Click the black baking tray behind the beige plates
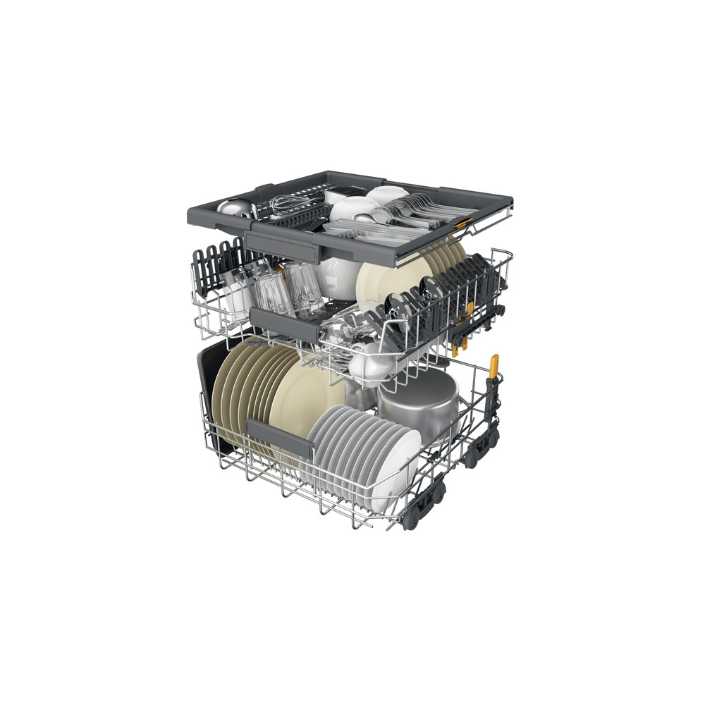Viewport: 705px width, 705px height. click(211, 395)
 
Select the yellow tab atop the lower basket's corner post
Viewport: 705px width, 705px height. click(494, 364)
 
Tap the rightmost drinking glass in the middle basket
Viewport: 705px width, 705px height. click(307, 289)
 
